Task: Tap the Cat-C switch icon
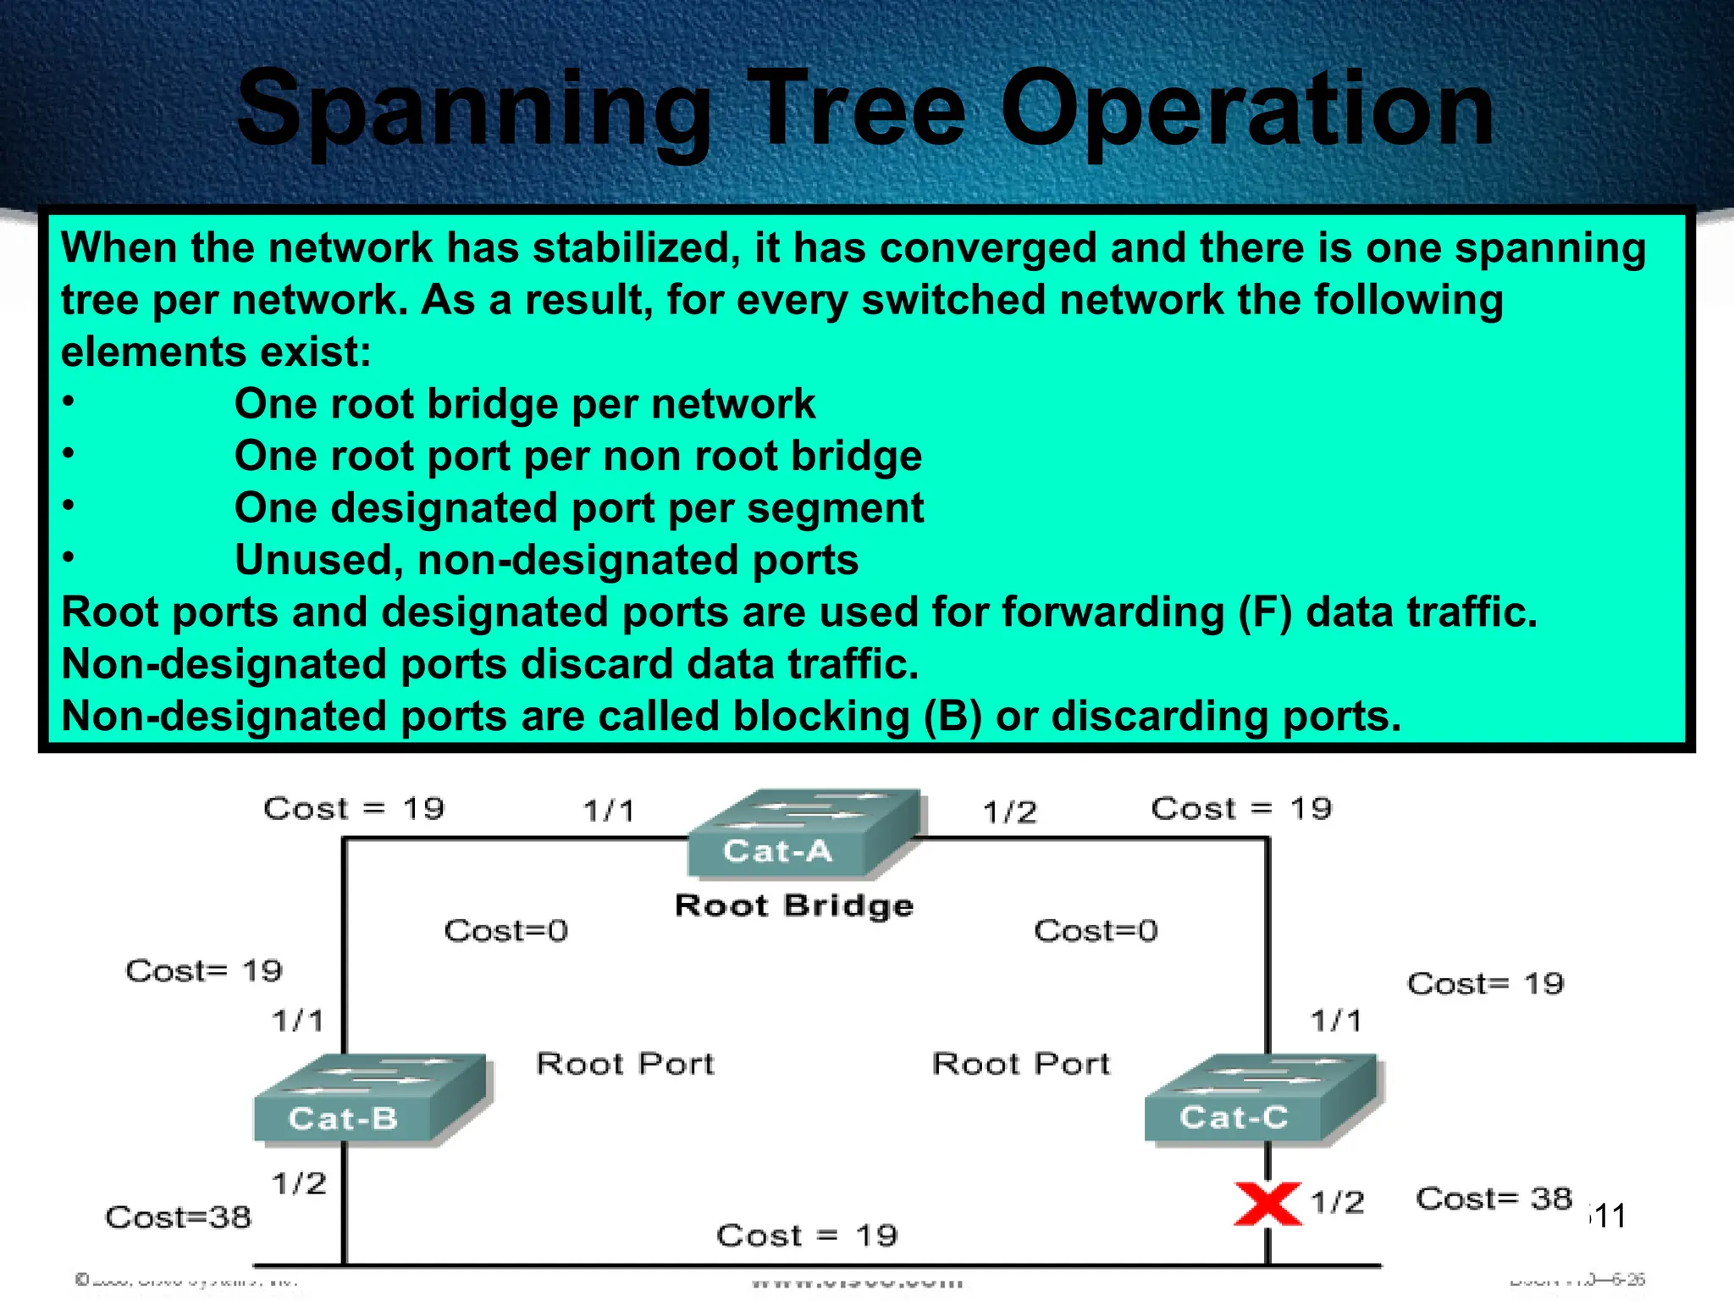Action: pos(1262,1099)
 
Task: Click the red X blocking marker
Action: pos(1267,1204)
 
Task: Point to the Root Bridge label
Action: pos(794,905)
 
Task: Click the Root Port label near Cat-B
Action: pos(625,1064)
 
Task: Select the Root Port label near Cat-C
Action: pos(1020,1064)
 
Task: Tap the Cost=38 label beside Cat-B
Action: pos(178,1217)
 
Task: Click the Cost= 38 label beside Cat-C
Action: pos(1494,1199)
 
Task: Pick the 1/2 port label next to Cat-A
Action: pos(1009,812)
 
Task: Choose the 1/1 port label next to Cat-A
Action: pos(608,811)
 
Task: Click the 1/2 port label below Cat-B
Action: pos(298,1183)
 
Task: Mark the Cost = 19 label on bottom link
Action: pos(806,1236)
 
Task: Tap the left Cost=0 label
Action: pos(505,931)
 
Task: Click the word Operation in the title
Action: pos(1246,110)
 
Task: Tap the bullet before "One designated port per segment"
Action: pos(69,506)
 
